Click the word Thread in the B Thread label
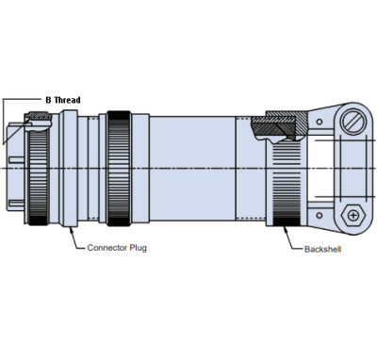66,98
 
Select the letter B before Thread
48,98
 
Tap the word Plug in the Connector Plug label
138,248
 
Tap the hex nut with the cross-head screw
353,214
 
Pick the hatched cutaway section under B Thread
38,119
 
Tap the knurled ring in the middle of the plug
119,170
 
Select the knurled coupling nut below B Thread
38,174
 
